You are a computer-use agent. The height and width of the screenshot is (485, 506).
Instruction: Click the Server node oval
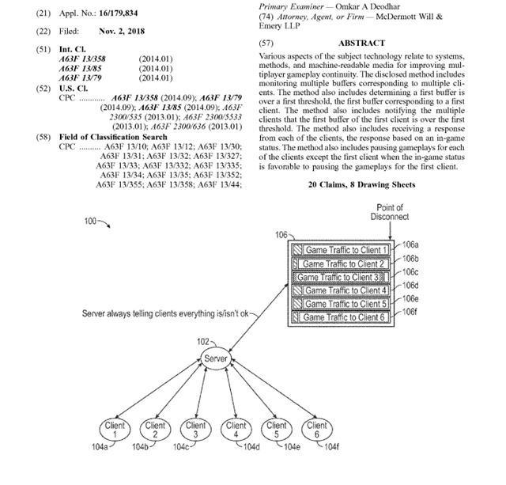(x=216, y=359)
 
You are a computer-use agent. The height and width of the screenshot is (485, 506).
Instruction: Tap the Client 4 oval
(x=234, y=430)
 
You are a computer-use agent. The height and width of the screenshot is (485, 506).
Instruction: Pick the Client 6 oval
(x=316, y=430)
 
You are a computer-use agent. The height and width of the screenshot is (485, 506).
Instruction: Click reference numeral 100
(x=93, y=221)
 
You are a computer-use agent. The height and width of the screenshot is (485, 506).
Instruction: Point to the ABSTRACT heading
(x=361, y=43)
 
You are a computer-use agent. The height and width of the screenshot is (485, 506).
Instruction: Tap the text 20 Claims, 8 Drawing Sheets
(x=362, y=184)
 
